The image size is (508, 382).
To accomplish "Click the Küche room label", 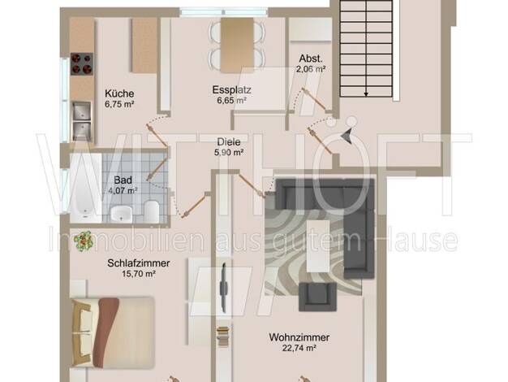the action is pos(119,93).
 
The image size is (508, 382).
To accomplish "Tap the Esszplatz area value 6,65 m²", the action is pos(231,100).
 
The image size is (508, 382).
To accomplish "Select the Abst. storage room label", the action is pos(311,59).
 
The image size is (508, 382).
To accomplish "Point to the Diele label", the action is pos(229,142).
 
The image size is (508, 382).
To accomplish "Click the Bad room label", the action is pos(123,180).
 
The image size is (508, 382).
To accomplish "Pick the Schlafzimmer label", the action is pos(139,263).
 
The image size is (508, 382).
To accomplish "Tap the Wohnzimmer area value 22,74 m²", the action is pos(299,348).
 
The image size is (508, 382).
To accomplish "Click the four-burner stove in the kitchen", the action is pos(82,64).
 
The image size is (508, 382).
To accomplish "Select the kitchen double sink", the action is pos(82,121).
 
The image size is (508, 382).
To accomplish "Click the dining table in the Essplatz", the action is pos(237,46).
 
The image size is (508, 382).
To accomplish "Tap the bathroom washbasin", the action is pos(121,215).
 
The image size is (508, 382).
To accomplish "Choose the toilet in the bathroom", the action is pos(151,211).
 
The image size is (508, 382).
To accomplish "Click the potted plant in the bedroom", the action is pos(84,241).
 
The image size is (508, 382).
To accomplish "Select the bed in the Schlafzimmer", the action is pos(113,332).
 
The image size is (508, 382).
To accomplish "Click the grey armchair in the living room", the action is pos(317,297).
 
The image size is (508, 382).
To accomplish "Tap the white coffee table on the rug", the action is pos(318,246).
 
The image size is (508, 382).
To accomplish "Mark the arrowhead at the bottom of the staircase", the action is pos(366,94).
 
